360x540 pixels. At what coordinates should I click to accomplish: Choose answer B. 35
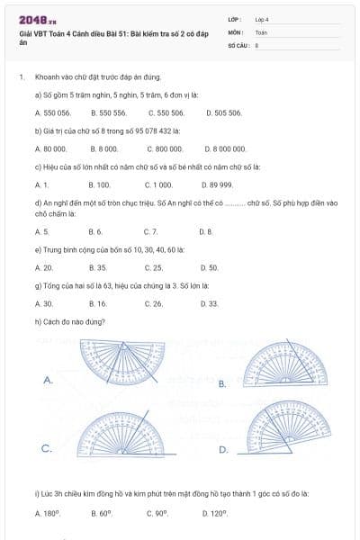(99, 267)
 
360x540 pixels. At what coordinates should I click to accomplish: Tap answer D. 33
(208, 303)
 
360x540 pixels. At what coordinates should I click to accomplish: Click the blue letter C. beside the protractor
(46, 447)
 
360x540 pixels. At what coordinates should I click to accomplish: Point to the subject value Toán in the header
(262, 31)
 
